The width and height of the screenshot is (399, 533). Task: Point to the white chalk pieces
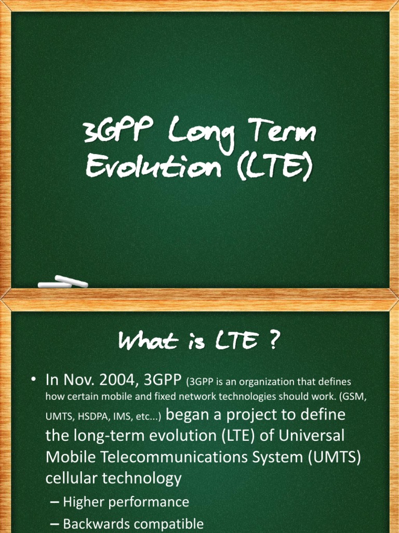tap(63, 283)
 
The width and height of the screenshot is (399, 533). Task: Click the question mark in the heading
tap(274, 342)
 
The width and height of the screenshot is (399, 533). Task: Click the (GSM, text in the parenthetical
tap(353, 397)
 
